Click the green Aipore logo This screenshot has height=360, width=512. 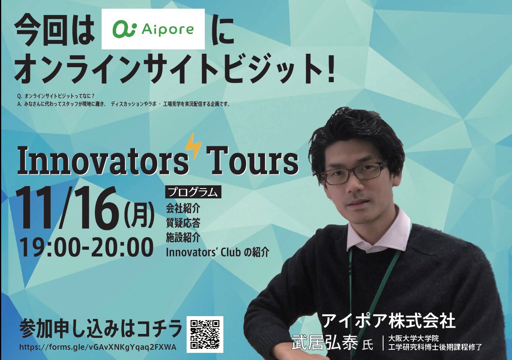[153, 29]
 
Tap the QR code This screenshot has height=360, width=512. [205, 335]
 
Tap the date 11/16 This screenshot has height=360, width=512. [69, 208]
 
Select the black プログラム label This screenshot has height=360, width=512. [193, 192]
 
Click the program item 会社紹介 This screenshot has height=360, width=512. [183, 208]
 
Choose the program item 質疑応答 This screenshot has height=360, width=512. [183, 223]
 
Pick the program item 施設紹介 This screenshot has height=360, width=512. [183, 237]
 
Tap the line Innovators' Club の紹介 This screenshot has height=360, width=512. [217, 253]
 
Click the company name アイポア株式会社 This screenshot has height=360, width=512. [388, 321]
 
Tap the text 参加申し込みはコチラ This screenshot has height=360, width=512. [101, 330]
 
